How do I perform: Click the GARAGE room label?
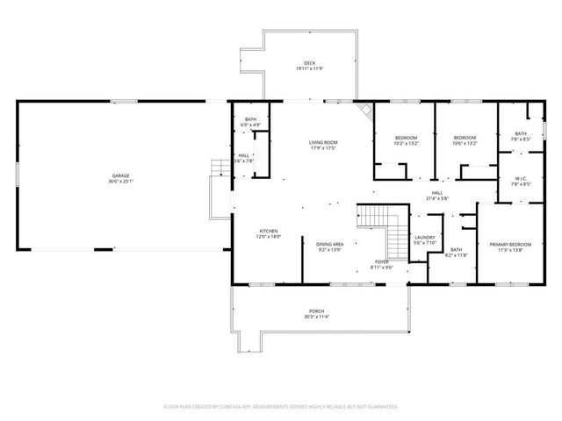[119, 176]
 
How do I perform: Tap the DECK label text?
[309, 62]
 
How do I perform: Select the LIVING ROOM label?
[323, 142]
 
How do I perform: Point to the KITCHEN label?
[244, 231]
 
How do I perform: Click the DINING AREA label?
[330, 244]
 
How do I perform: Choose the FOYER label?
[382, 261]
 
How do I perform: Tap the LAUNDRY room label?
[425, 237]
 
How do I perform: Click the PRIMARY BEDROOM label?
[510, 244]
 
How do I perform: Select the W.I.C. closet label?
[520, 179]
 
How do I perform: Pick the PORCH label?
[315, 311]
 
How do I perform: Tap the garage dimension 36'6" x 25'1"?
[119, 182]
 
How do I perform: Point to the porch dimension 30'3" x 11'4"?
[315, 317]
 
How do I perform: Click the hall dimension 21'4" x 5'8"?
[437, 198]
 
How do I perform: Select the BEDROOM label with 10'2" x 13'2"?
[406, 138]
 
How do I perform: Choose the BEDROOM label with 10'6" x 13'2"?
[465, 138]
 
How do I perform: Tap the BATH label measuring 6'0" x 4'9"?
[251, 120]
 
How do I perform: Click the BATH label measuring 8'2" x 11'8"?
[457, 250]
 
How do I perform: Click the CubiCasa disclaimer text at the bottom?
[281, 407]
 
